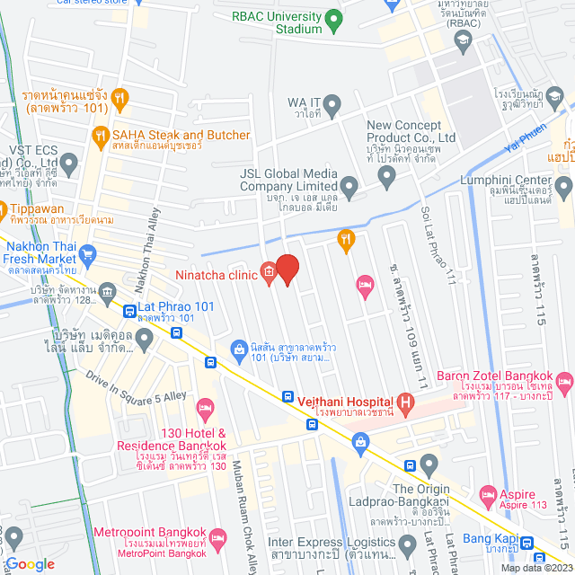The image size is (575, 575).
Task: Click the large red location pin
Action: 287,269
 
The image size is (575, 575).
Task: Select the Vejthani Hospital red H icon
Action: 405,402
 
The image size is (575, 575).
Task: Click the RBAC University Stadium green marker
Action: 333,18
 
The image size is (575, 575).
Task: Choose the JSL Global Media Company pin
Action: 349,186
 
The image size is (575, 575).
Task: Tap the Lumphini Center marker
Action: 563,187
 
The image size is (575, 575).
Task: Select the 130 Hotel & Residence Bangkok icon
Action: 205,409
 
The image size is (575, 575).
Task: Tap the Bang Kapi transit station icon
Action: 527,542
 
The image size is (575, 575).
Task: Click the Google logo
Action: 30,563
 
